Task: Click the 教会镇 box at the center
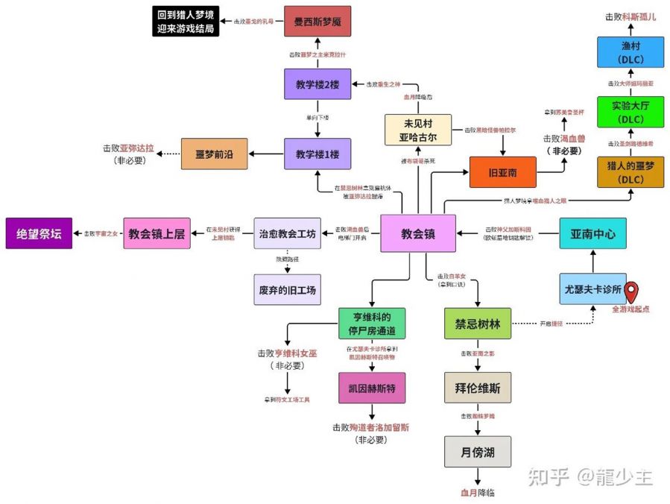(417, 233)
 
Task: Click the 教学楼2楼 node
(317, 84)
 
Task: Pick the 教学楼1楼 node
(317, 154)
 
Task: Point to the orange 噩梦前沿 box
(215, 154)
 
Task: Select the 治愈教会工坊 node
(287, 233)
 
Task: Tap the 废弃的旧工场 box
(287, 289)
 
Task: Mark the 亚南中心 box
(592, 233)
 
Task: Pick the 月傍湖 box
(478, 452)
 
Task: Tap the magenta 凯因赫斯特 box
(371, 388)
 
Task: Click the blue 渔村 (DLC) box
(630, 51)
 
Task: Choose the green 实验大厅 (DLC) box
(630, 111)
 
